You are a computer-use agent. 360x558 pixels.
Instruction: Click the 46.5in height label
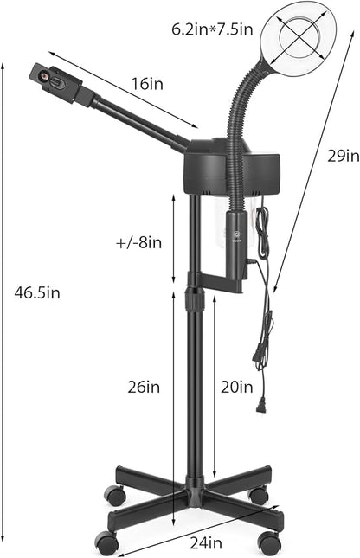37,293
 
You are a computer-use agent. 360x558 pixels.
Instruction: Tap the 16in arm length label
147,84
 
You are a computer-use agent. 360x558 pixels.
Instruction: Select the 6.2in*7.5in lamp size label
212,29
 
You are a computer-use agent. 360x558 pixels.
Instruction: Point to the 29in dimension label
344,157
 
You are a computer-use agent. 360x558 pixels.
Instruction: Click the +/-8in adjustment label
138,243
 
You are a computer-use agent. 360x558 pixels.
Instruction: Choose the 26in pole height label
144,387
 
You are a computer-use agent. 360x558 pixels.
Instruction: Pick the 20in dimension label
237,387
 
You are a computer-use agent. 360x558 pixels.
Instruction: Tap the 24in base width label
206,543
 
